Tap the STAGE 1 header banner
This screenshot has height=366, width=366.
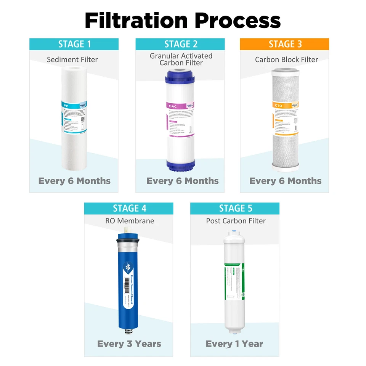pyautogui.click(x=74, y=44)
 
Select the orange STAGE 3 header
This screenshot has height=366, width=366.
pyautogui.click(x=284, y=44)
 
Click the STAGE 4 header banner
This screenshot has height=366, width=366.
pyautogui.click(x=129, y=209)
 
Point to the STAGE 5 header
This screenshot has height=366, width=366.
pyautogui.click(x=235, y=209)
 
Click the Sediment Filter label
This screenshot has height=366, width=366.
pyautogui.click(x=72, y=59)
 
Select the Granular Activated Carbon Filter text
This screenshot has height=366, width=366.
pyautogui.click(x=181, y=59)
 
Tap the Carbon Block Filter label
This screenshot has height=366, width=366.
pyautogui.click(x=286, y=59)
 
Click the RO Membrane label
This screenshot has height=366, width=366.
pyautogui.click(x=130, y=221)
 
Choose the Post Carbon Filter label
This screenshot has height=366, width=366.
pyautogui.click(x=236, y=221)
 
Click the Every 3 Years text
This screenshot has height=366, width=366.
pyautogui.click(x=129, y=344)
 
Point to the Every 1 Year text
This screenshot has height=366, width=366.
pyautogui.click(x=234, y=344)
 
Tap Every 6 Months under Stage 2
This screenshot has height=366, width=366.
pyautogui.click(x=183, y=181)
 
